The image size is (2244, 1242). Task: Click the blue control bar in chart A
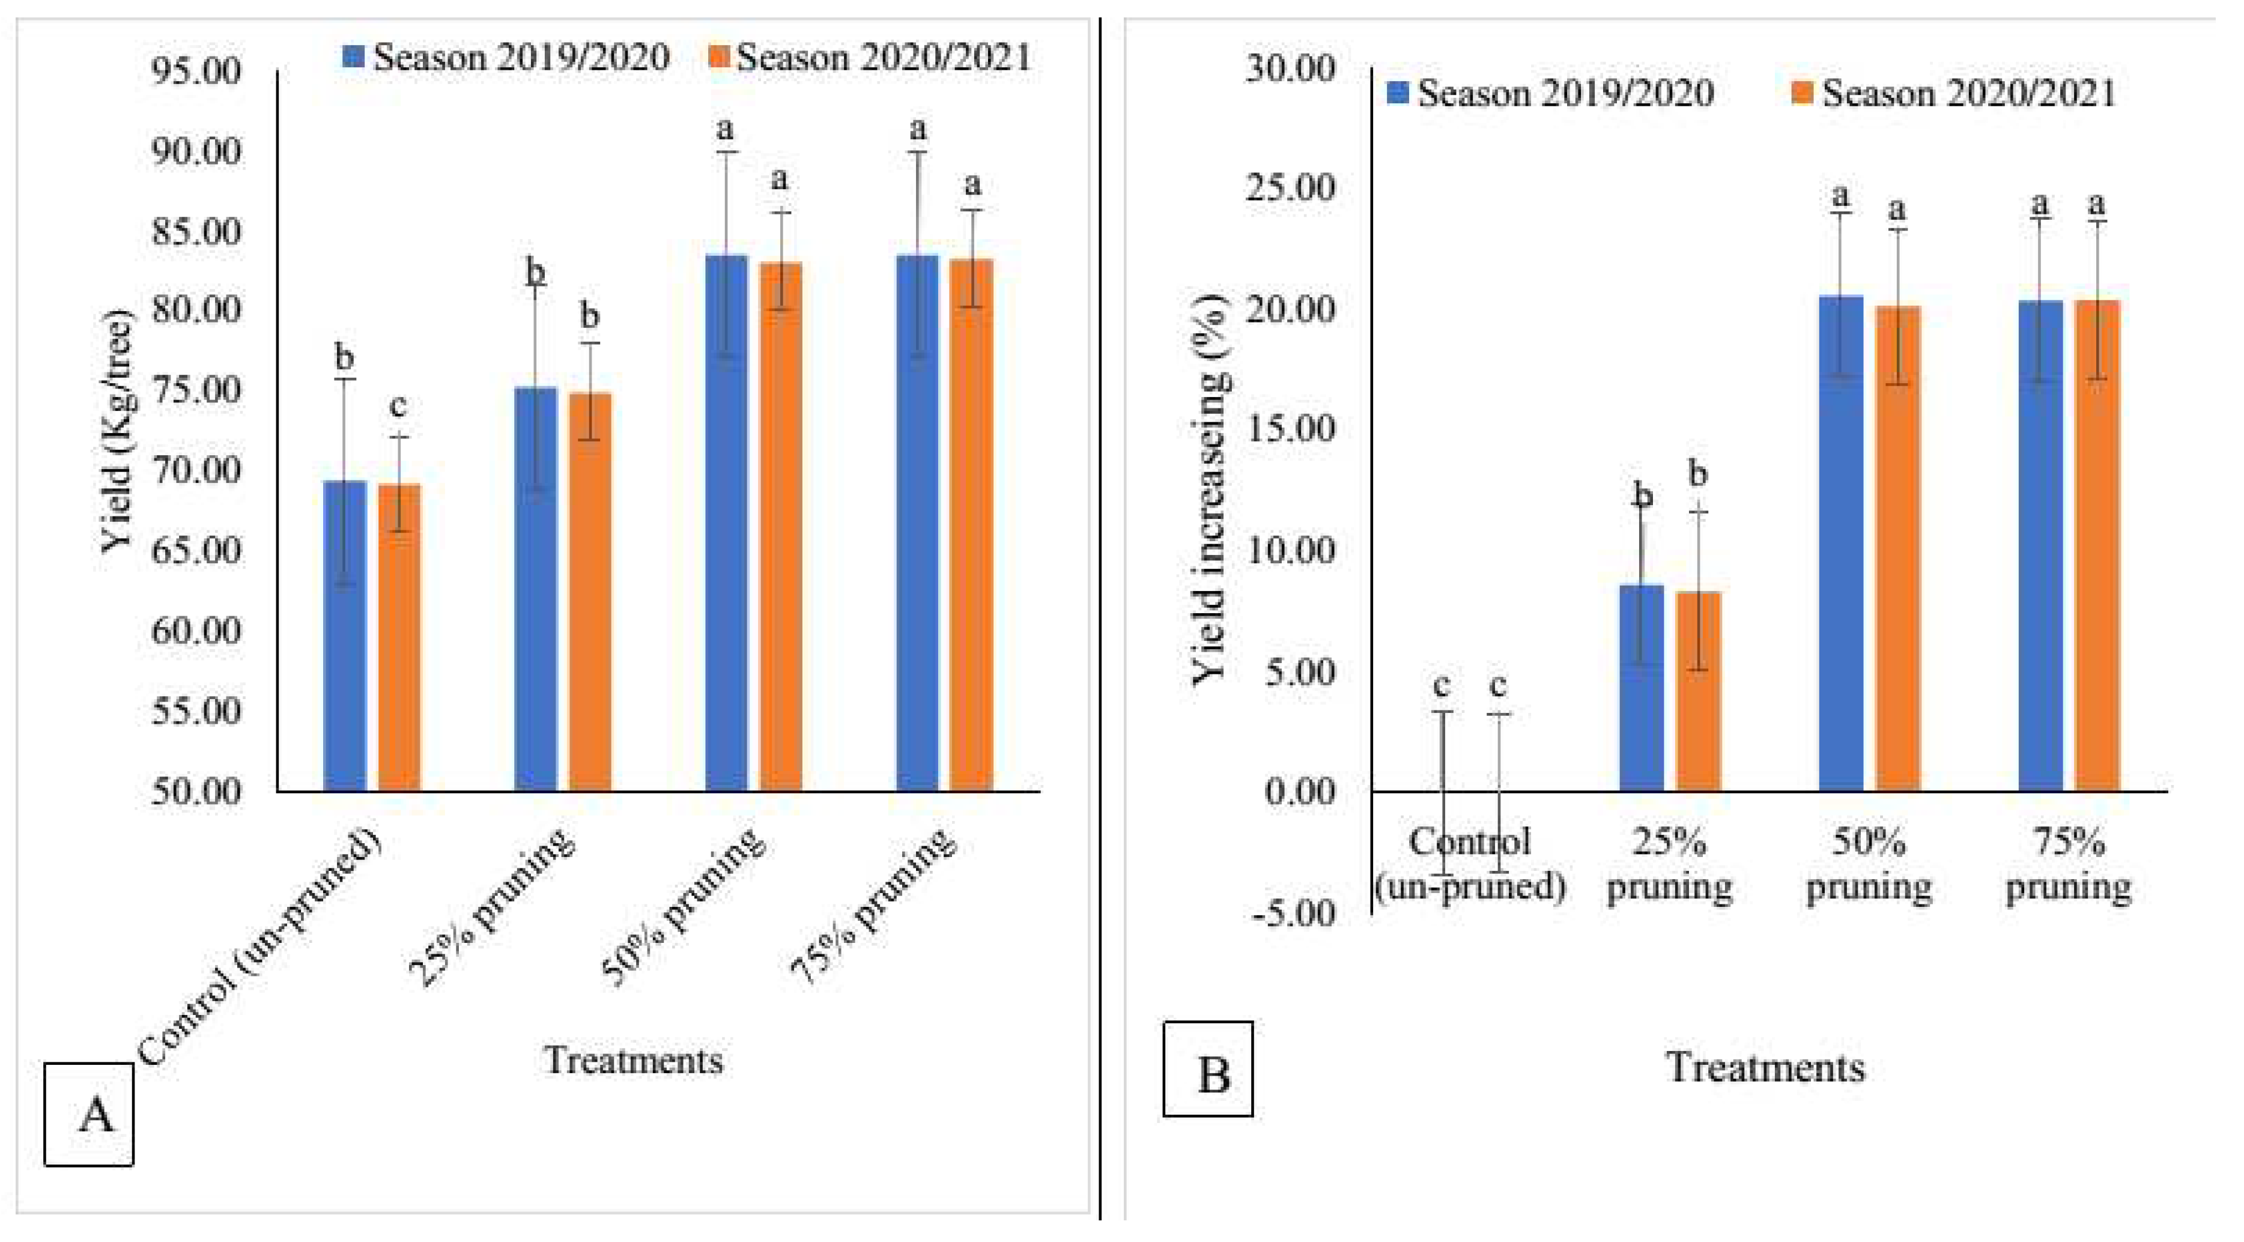pos(344,636)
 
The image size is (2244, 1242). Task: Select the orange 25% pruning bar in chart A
pos(590,592)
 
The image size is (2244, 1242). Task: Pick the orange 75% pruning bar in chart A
pos(971,523)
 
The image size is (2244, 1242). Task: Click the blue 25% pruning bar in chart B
pos(1640,688)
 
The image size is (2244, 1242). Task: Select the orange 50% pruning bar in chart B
pos(1897,549)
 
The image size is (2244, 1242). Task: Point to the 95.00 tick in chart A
pos(196,70)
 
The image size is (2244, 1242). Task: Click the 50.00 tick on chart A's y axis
pos(196,792)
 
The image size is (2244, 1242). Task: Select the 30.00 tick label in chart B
pos(1289,67)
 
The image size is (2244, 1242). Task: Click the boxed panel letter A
pos(89,1114)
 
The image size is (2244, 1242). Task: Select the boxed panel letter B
pos(1208,1070)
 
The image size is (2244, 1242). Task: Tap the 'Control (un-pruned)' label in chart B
pos(1470,864)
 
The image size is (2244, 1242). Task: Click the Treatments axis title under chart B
pos(1765,1068)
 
